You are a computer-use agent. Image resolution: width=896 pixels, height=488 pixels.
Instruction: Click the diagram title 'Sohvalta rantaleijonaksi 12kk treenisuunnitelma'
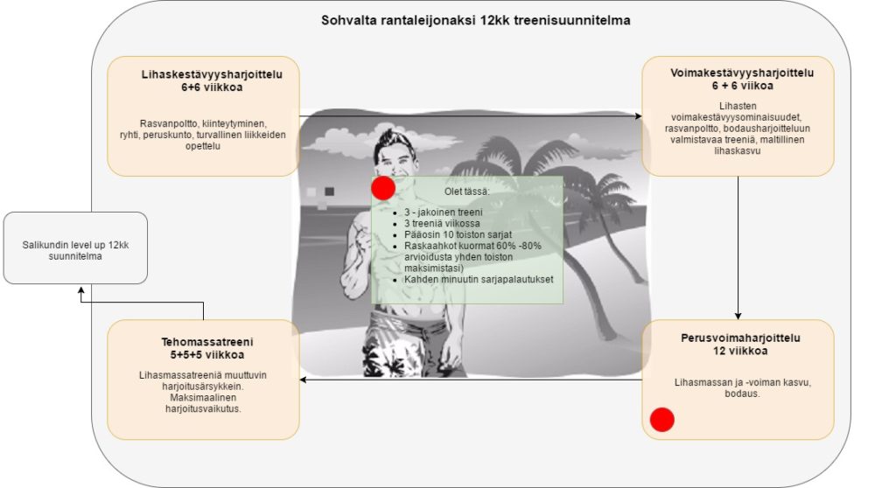click(476, 19)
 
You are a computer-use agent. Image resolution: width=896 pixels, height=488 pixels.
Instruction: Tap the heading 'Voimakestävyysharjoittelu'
click(738, 74)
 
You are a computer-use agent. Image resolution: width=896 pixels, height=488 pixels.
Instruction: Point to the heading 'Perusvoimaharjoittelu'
click(740, 338)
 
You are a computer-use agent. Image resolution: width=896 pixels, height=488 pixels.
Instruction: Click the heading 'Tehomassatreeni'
click(202, 341)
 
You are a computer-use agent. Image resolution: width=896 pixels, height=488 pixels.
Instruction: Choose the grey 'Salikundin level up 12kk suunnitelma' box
click(75, 247)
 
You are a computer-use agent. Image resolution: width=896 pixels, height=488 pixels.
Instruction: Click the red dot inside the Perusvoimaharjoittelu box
click(662, 420)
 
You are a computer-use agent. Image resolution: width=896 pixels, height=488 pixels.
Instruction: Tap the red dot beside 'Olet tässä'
click(383, 188)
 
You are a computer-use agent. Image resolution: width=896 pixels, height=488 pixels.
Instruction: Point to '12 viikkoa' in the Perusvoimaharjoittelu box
click(739, 352)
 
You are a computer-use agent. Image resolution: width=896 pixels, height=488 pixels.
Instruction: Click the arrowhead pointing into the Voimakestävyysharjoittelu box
click(637, 115)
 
